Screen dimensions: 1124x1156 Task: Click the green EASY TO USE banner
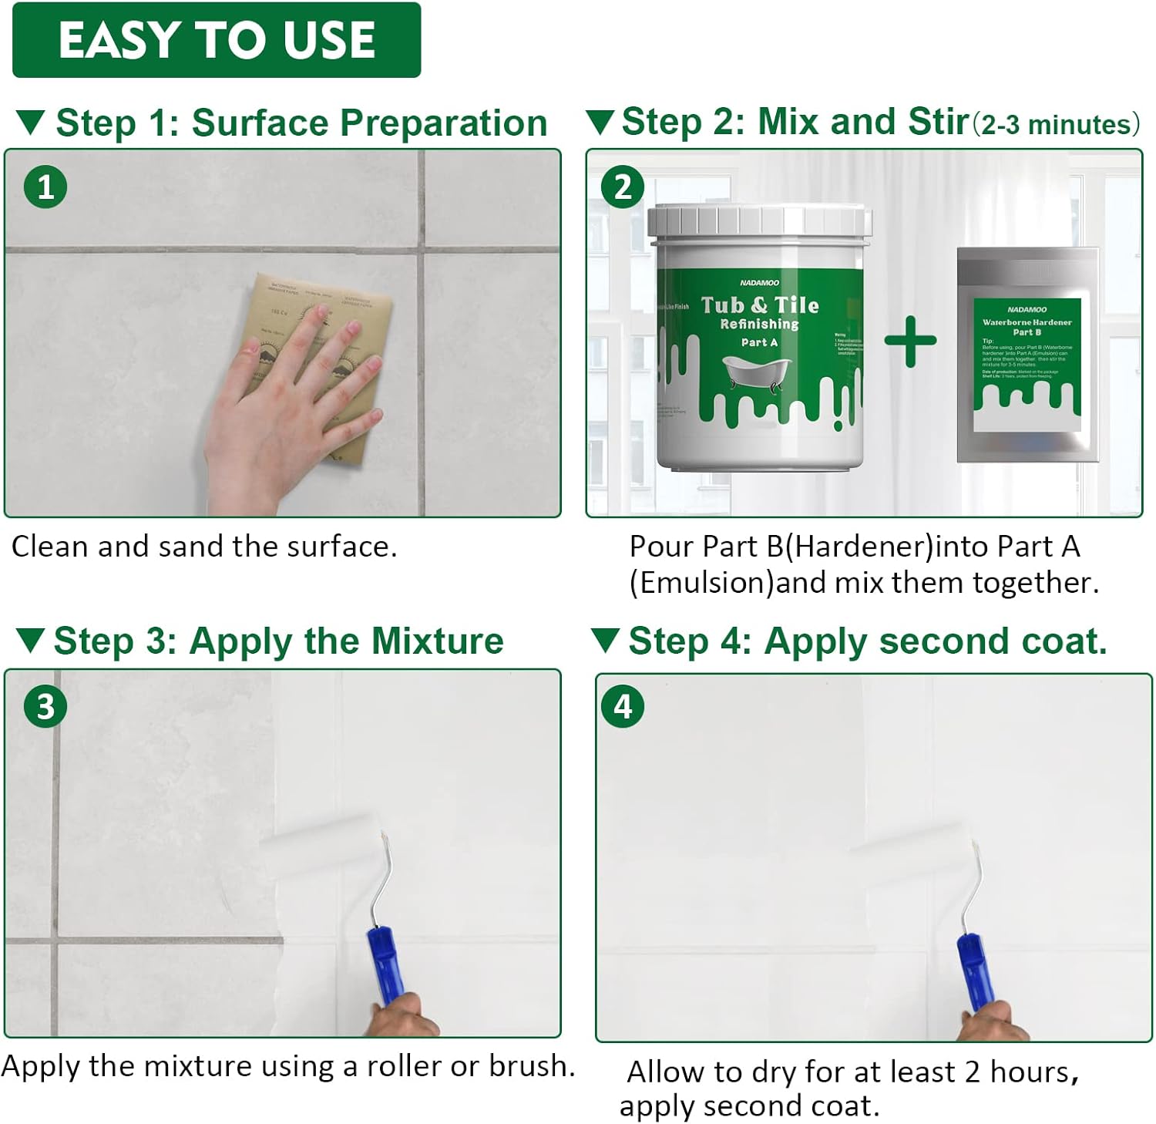click(x=217, y=40)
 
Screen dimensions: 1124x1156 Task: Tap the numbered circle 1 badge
click(x=45, y=187)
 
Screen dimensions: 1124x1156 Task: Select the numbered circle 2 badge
click(x=623, y=187)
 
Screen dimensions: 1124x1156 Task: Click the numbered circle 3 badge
click(x=45, y=706)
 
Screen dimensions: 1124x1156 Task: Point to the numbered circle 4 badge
click(x=623, y=706)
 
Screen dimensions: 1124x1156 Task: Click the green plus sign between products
click(x=910, y=341)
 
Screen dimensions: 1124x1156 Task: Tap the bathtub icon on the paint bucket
click(x=756, y=372)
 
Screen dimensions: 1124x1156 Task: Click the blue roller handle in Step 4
click(x=975, y=970)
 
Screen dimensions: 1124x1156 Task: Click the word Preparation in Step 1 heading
click(x=445, y=123)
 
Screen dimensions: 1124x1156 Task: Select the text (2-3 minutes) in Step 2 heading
click(x=1055, y=125)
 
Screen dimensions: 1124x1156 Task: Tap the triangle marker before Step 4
click(x=605, y=640)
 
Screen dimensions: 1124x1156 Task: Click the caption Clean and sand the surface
click(x=204, y=547)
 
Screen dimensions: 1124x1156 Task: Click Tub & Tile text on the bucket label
click(x=760, y=305)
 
